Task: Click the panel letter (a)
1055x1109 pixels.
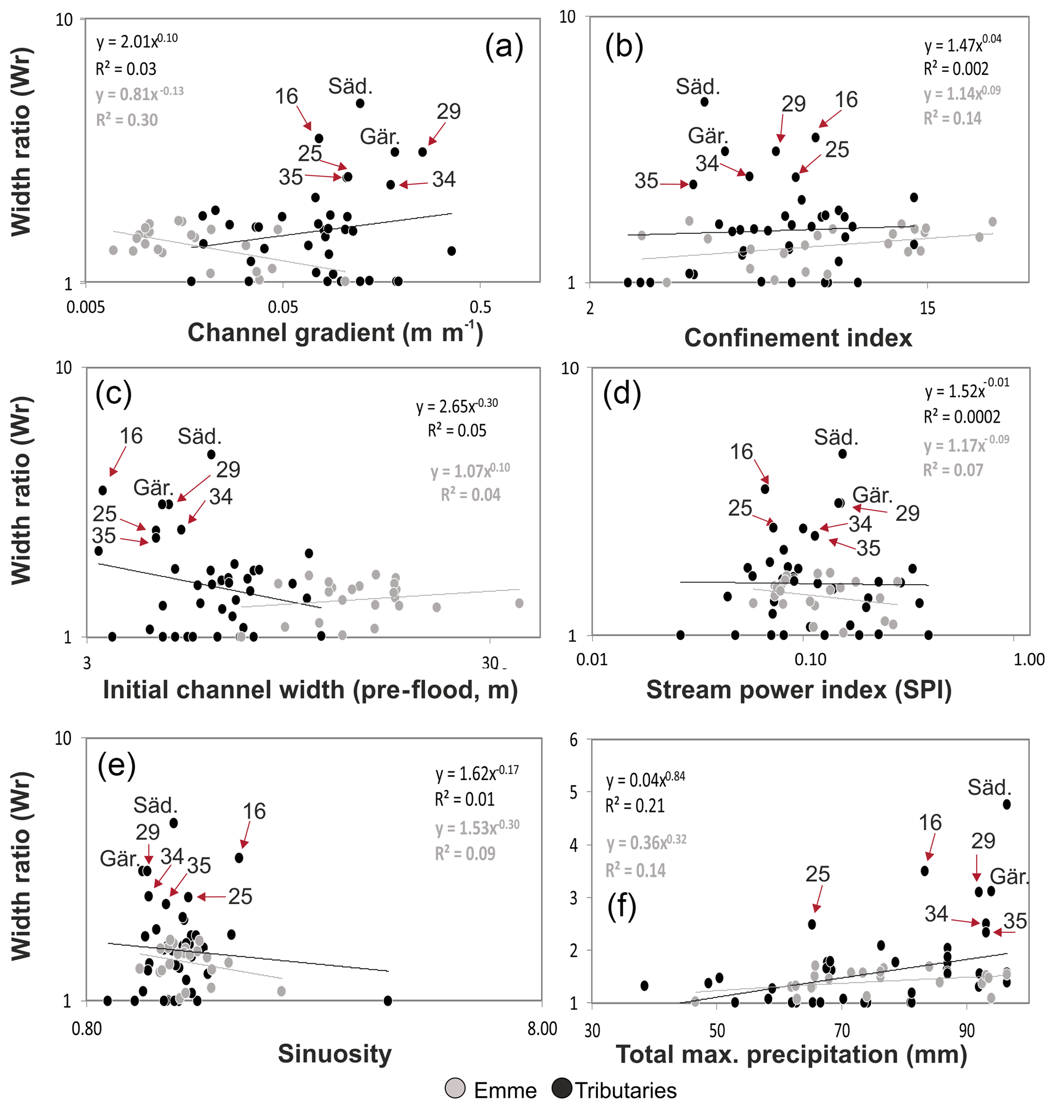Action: click(x=503, y=46)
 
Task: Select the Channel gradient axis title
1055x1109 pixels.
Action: click(x=335, y=332)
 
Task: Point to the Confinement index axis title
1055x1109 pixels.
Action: click(x=797, y=337)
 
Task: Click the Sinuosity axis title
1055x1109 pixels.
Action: click(x=335, y=1053)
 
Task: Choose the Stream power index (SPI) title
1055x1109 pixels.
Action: click(x=799, y=690)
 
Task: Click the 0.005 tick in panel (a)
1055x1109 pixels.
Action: click(x=85, y=308)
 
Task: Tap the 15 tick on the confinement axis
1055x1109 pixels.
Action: click(x=927, y=308)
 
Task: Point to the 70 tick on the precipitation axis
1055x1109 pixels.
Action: click(x=841, y=1031)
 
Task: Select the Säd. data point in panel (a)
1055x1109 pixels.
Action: click(x=360, y=104)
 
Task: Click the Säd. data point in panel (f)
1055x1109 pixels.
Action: click(x=1007, y=805)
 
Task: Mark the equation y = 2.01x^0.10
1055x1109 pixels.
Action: click(x=137, y=40)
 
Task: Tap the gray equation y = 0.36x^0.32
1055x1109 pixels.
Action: click(x=646, y=842)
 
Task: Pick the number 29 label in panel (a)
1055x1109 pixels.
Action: click(x=448, y=111)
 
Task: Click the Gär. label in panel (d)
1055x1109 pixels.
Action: click(x=872, y=495)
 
